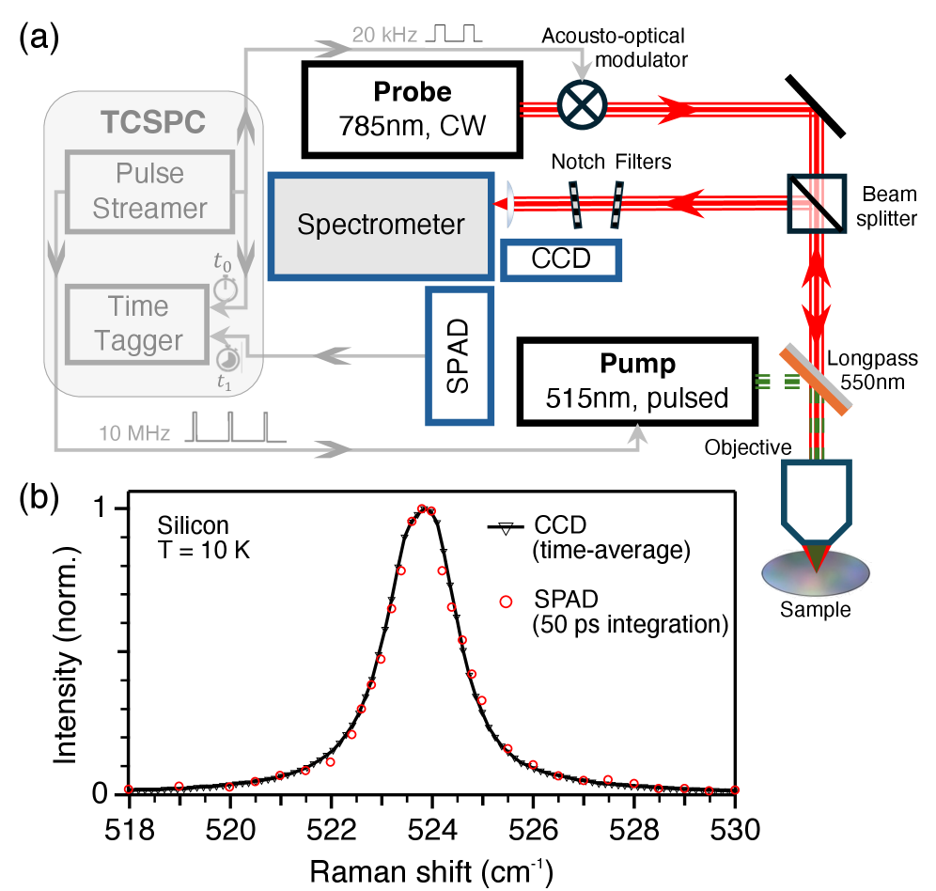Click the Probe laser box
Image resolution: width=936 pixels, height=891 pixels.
tap(412, 109)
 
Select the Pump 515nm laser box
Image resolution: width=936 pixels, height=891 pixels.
tap(638, 382)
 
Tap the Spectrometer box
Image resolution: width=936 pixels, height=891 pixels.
tap(381, 225)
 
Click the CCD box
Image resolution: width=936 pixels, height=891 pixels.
tap(561, 259)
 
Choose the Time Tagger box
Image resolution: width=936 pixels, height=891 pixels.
tap(135, 324)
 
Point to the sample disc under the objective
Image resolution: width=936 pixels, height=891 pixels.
tap(814, 573)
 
